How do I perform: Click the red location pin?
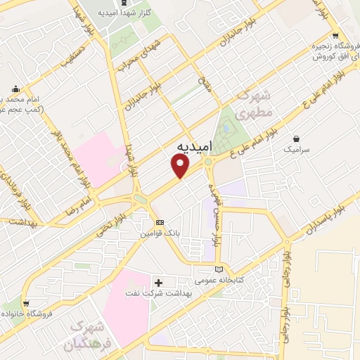pos(181,166)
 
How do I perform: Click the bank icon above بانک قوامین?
pos(160,221)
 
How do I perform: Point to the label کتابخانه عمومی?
pos(238,280)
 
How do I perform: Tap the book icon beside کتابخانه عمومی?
pos(219,269)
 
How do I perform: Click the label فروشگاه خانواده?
pos(28,314)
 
